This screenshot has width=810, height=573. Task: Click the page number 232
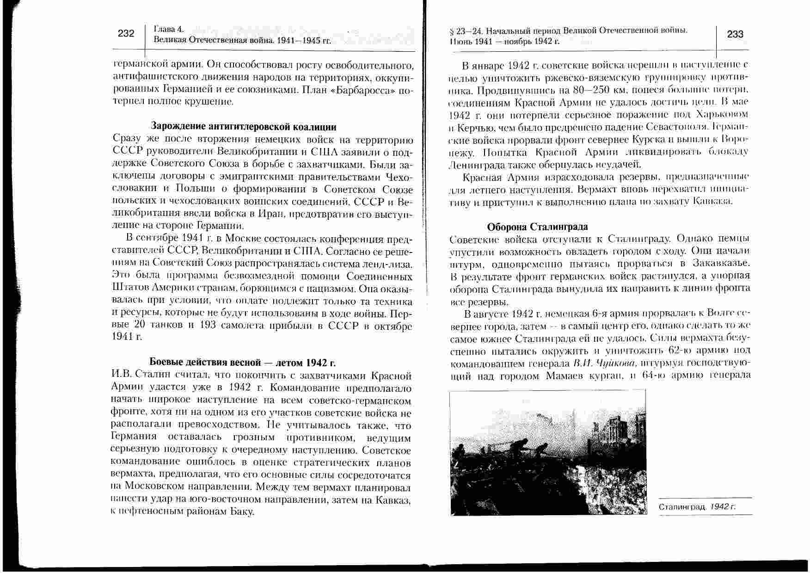point(126,33)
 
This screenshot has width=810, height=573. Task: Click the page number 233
point(735,34)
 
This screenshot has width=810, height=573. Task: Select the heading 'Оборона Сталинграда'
point(537,227)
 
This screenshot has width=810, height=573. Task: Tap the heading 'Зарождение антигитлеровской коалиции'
point(244,126)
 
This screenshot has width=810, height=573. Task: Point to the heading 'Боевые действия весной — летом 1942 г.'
point(242,362)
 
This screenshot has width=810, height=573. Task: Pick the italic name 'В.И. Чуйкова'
point(600,363)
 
